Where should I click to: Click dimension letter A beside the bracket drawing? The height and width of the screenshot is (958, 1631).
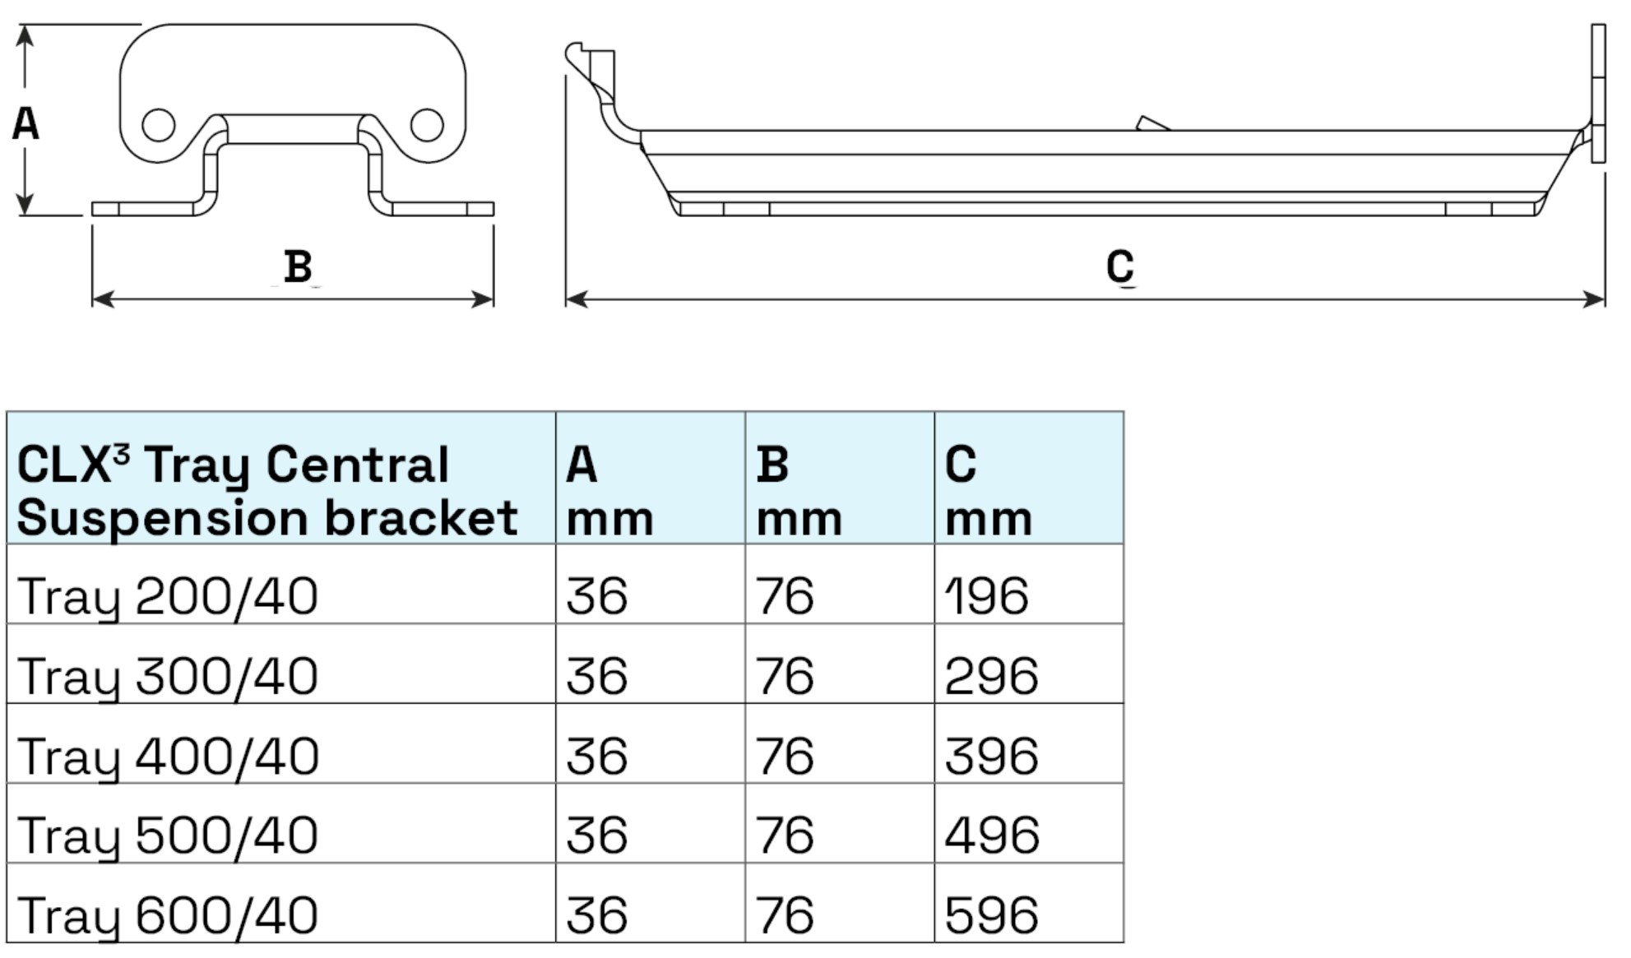(x=25, y=124)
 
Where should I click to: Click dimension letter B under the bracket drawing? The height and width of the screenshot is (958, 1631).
(x=298, y=266)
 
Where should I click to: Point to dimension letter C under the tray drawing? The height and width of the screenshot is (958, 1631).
(x=1120, y=266)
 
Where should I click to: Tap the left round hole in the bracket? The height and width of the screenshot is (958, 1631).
(x=159, y=125)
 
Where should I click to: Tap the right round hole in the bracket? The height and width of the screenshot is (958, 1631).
(x=427, y=125)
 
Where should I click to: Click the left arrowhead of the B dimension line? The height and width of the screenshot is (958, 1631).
(x=101, y=299)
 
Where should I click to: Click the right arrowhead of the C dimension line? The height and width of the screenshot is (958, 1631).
(x=1595, y=299)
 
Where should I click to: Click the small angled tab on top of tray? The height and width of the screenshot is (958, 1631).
(x=1151, y=123)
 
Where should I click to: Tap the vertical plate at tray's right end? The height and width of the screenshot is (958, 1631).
(x=1598, y=92)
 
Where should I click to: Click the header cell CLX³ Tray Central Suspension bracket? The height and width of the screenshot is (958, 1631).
(x=267, y=491)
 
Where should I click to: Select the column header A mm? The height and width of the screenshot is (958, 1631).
(x=609, y=491)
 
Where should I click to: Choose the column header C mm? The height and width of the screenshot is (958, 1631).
(x=988, y=491)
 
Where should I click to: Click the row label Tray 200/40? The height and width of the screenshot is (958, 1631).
(x=168, y=596)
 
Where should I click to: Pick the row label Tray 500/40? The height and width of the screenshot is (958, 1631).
(x=168, y=835)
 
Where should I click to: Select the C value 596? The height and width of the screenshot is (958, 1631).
(x=991, y=914)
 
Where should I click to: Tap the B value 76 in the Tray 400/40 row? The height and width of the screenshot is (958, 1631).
(x=785, y=756)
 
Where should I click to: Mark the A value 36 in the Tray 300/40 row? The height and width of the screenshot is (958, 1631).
(x=597, y=676)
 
